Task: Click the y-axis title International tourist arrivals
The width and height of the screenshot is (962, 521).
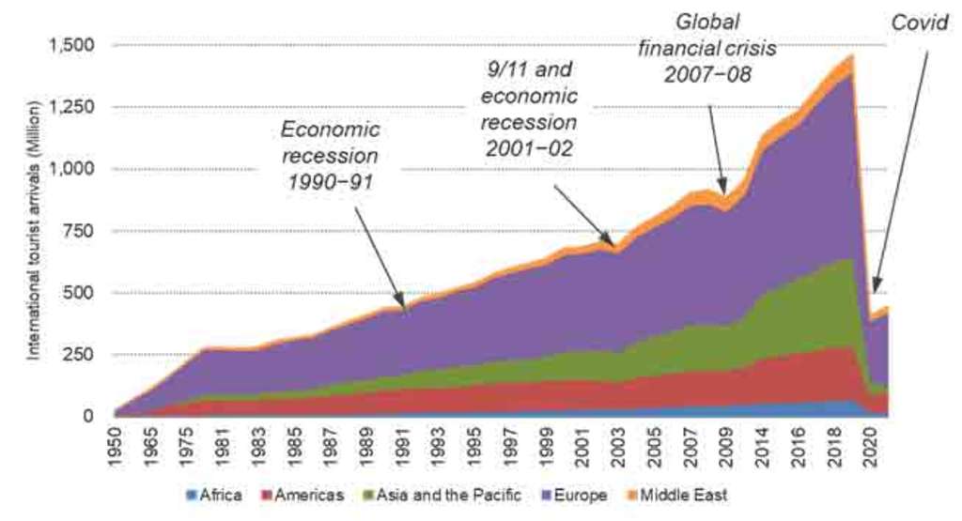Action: [33, 231]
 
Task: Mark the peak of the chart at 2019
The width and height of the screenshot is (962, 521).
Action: [851, 56]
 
